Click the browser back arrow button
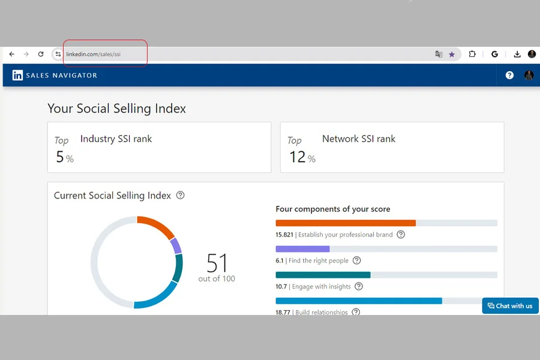pyautogui.click(x=12, y=54)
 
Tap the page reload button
pyautogui.click(x=41, y=54)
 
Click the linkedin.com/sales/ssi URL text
pyautogui.click(x=94, y=54)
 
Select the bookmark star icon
pyautogui.click(x=452, y=55)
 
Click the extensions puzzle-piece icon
pyautogui.click(x=472, y=54)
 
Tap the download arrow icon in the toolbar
pyautogui.click(x=517, y=54)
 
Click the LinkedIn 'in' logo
pyautogui.click(x=17, y=75)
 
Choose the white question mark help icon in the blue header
pyautogui.click(x=509, y=75)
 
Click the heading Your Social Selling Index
pyautogui.click(x=117, y=109)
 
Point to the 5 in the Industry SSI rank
pyautogui.click(x=60, y=157)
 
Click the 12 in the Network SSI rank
pyautogui.click(x=297, y=157)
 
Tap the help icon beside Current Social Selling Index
pyautogui.click(x=180, y=196)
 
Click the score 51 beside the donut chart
pyautogui.click(x=217, y=263)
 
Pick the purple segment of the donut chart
pyautogui.click(x=176, y=245)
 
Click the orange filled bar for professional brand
pyautogui.click(x=346, y=223)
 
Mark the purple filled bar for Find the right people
pyautogui.click(x=303, y=249)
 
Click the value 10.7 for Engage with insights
pyautogui.click(x=281, y=287)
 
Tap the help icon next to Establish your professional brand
pyautogui.click(x=401, y=235)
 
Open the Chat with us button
pyautogui.click(x=510, y=306)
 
